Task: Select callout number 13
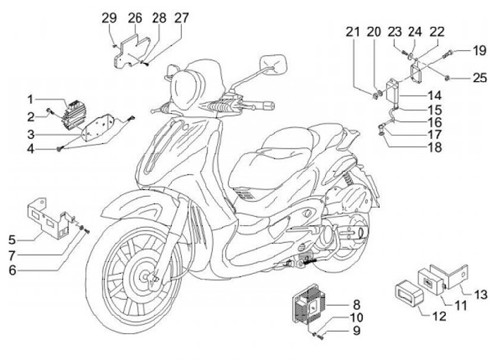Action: pyautogui.click(x=480, y=294)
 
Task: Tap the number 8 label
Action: pyautogui.click(x=356, y=304)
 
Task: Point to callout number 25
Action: pyautogui.click(x=479, y=78)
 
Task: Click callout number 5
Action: pyautogui.click(x=12, y=240)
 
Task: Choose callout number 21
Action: pyautogui.click(x=353, y=32)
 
